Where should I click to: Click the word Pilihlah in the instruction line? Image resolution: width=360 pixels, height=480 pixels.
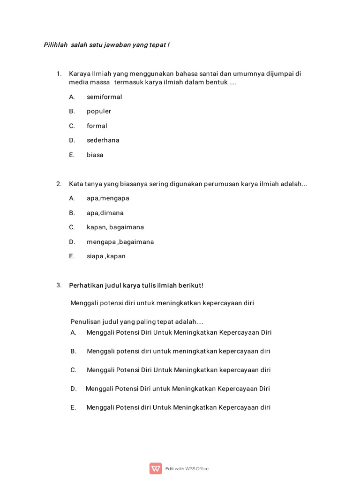(x=55, y=45)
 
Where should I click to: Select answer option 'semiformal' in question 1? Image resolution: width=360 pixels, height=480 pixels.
(x=104, y=97)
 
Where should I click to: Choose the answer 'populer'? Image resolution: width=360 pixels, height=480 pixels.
(x=99, y=112)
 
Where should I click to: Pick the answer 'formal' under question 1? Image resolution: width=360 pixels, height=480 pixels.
(x=97, y=126)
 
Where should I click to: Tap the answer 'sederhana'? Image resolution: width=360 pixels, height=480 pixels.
(x=103, y=140)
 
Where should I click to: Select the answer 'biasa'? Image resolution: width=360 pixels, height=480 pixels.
(x=95, y=155)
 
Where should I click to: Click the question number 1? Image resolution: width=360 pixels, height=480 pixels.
(x=59, y=74)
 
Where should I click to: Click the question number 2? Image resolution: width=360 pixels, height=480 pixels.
(x=59, y=184)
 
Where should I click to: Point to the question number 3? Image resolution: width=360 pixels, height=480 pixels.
(x=59, y=285)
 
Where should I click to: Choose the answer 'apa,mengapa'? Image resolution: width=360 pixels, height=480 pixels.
(x=108, y=198)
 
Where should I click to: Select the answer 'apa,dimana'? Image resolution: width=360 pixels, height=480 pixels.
(x=105, y=213)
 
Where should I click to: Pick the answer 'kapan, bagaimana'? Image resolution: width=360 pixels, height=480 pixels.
(x=115, y=227)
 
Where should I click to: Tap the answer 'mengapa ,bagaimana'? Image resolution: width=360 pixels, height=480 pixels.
(x=120, y=242)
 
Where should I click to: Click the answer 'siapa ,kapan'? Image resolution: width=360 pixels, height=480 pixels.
(x=106, y=256)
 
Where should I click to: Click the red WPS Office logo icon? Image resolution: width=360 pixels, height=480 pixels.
(x=156, y=468)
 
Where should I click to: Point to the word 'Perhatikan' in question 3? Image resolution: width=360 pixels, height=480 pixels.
(x=86, y=285)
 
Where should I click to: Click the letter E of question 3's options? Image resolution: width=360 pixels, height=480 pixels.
(x=73, y=408)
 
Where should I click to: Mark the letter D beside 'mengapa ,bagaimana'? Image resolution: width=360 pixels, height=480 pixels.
(x=72, y=242)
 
